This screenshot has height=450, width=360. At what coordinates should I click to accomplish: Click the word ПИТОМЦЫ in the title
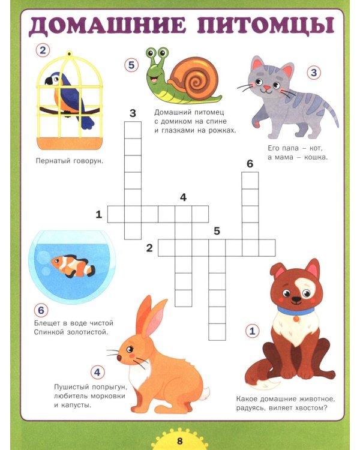point(266,25)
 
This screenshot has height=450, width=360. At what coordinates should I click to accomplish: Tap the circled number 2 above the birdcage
point(43,50)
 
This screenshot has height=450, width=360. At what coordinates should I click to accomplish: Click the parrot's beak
point(49,81)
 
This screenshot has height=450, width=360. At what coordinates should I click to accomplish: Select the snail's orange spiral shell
point(193,74)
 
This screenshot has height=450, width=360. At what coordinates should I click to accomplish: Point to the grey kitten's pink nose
point(266,87)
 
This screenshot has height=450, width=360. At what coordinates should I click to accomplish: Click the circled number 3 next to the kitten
point(314,73)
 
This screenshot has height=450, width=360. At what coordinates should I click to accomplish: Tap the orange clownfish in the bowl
point(73,266)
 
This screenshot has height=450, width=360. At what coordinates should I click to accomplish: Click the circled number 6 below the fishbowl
point(41,310)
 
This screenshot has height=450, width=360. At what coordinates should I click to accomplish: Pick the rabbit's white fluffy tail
point(205,393)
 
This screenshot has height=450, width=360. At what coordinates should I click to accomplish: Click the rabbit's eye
point(130,349)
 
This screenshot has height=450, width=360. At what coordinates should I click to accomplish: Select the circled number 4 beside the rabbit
point(97,372)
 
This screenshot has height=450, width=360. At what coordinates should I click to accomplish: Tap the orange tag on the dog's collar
point(296,319)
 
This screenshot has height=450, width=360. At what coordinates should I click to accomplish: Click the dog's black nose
point(296,299)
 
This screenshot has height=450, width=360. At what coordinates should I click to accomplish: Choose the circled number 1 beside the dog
point(253,331)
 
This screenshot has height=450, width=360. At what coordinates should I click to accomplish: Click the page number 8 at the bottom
point(180,441)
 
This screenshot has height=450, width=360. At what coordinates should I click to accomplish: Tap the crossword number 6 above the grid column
point(250,164)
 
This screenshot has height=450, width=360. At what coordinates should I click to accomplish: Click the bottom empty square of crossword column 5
point(217,332)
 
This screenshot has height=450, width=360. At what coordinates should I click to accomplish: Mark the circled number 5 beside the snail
point(131,65)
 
